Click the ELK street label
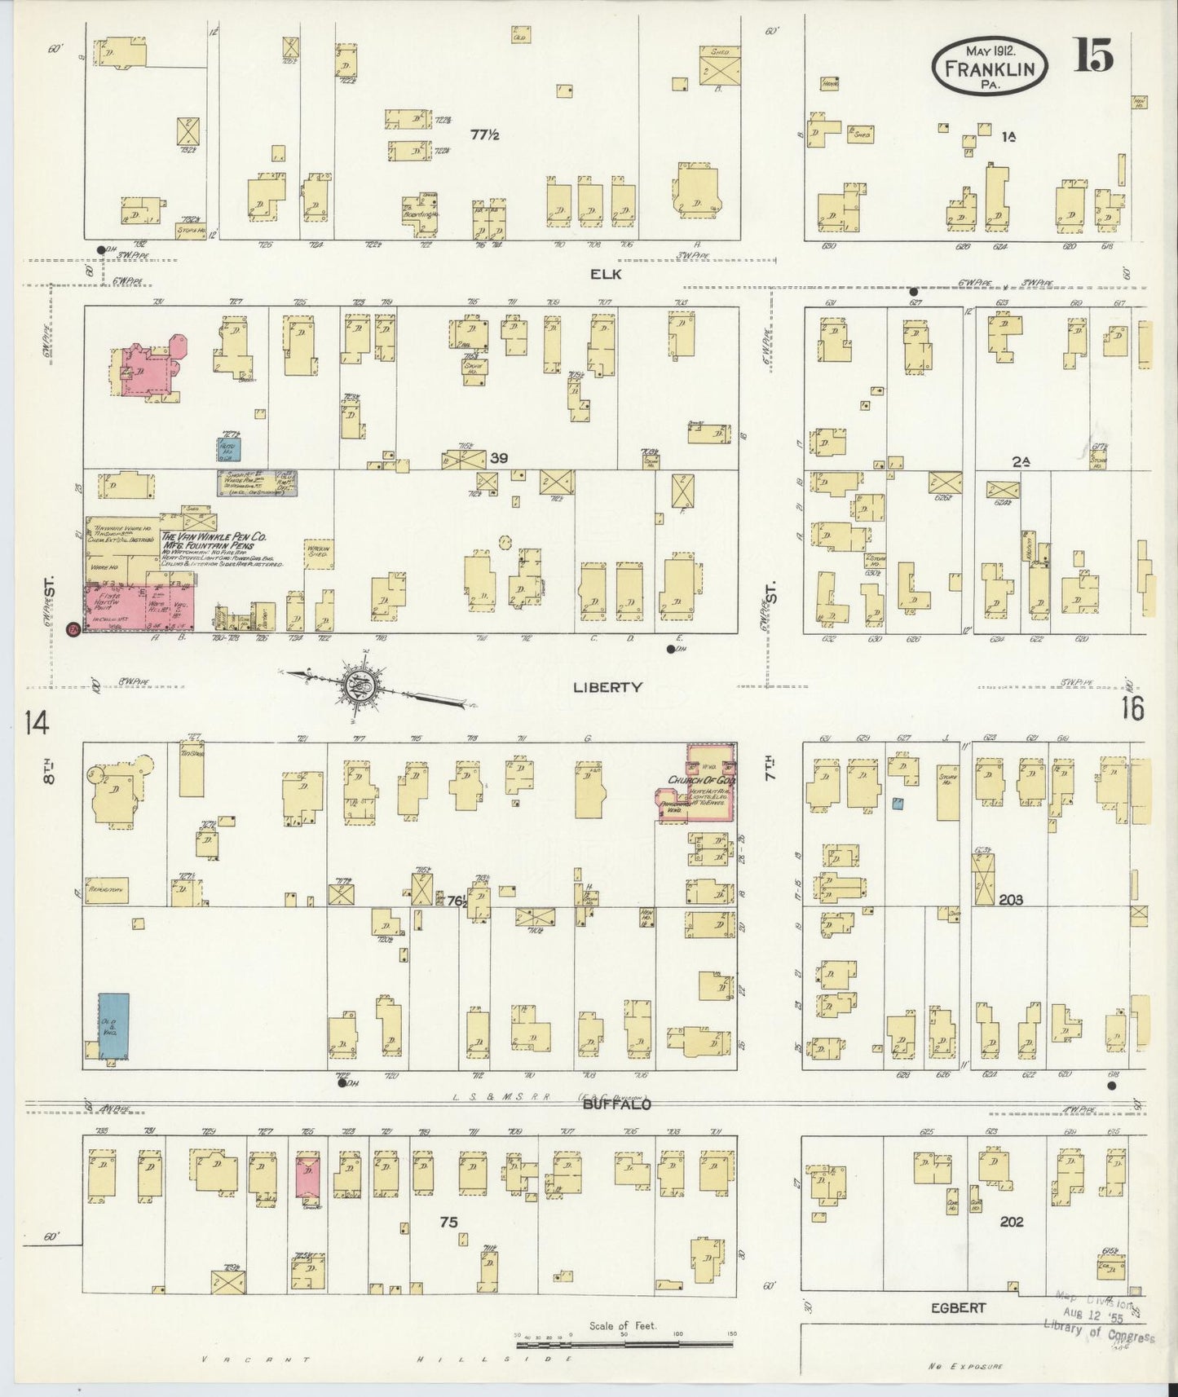606,274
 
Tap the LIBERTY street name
607,687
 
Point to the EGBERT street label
960,1307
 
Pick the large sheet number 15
1092,56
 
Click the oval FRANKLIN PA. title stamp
990,66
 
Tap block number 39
500,458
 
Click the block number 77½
484,134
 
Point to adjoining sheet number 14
37,722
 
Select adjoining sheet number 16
1132,707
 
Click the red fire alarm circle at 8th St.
73,629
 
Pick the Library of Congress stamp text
1099,1329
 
